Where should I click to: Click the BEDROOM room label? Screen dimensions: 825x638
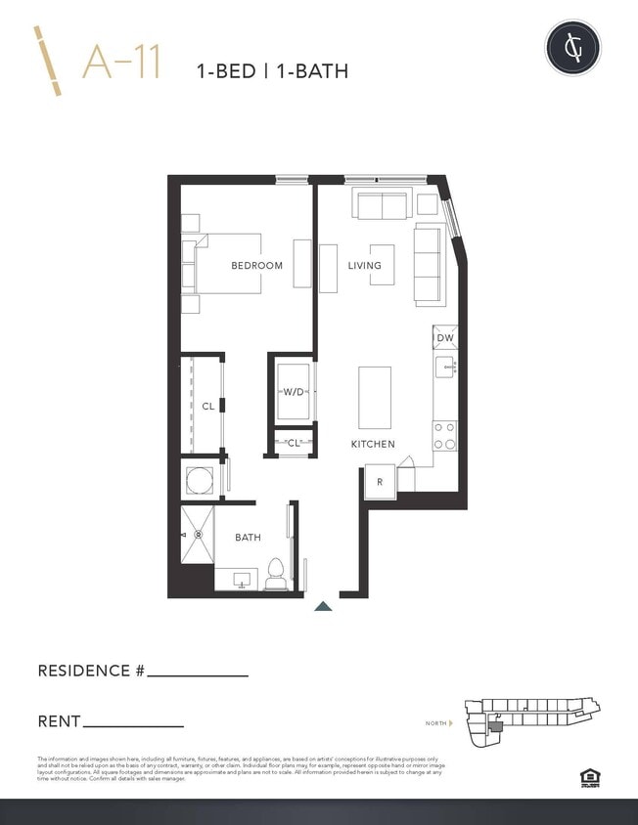(x=256, y=265)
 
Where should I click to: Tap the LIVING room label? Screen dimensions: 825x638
(x=364, y=265)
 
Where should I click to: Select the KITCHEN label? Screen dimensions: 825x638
(x=373, y=444)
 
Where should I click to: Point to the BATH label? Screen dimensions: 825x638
(x=248, y=538)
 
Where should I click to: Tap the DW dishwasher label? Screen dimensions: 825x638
(x=445, y=338)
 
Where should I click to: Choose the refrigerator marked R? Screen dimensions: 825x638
(x=380, y=481)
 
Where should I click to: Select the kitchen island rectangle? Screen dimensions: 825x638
(x=375, y=397)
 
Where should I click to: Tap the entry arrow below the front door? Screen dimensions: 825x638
(x=323, y=607)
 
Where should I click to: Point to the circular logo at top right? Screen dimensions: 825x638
(x=572, y=47)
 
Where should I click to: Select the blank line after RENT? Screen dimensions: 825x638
(x=133, y=726)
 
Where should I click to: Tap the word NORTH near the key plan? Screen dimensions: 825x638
(x=435, y=723)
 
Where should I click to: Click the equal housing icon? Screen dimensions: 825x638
(x=587, y=778)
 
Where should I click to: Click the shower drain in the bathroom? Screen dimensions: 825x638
(x=198, y=535)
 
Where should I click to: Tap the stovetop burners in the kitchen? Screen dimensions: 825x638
(x=444, y=435)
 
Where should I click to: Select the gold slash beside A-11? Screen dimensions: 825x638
(x=48, y=61)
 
